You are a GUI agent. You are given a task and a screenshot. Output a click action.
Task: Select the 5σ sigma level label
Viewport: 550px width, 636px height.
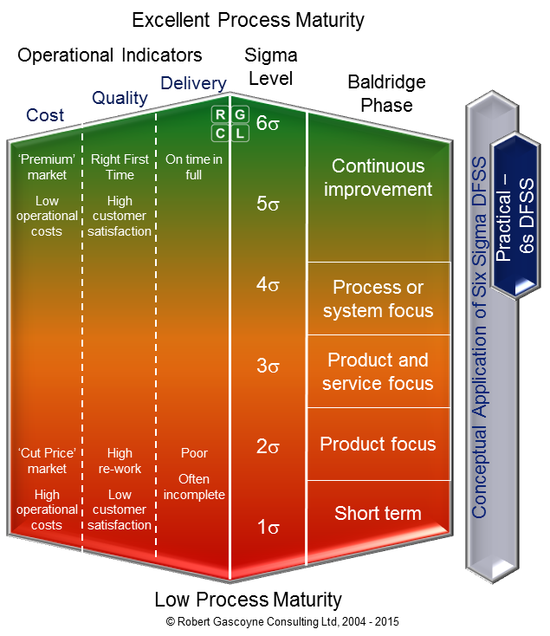point(268,204)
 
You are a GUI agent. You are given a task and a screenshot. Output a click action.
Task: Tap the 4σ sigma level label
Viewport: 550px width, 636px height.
point(268,284)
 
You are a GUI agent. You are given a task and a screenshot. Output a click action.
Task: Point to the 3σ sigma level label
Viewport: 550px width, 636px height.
point(268,366)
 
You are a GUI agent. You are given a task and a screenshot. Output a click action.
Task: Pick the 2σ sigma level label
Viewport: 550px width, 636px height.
point(268,447)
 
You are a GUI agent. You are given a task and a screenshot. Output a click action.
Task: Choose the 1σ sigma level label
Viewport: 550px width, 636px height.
point(268,527)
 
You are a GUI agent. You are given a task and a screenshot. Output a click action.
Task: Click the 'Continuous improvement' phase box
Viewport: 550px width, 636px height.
point(378,178)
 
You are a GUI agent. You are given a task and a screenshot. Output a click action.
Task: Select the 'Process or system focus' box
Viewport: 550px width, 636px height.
point(378,298)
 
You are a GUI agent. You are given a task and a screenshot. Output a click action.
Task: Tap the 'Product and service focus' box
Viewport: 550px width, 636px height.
point(378,371)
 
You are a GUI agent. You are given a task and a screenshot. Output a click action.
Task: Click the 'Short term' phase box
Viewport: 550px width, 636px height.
point(378,513)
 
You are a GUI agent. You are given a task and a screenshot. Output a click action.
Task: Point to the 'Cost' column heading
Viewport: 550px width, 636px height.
point(45,115)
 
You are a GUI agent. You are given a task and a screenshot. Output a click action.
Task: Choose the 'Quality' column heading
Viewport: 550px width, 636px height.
point(120,98)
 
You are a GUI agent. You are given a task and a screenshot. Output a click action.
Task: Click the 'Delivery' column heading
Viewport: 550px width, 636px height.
point(193,84)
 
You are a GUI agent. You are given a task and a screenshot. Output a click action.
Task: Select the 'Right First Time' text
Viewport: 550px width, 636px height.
point(120,167)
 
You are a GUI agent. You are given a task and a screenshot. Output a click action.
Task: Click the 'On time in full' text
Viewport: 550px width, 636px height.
point(194,167)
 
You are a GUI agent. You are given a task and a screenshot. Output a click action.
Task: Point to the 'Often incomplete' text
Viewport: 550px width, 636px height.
point(194,487)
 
